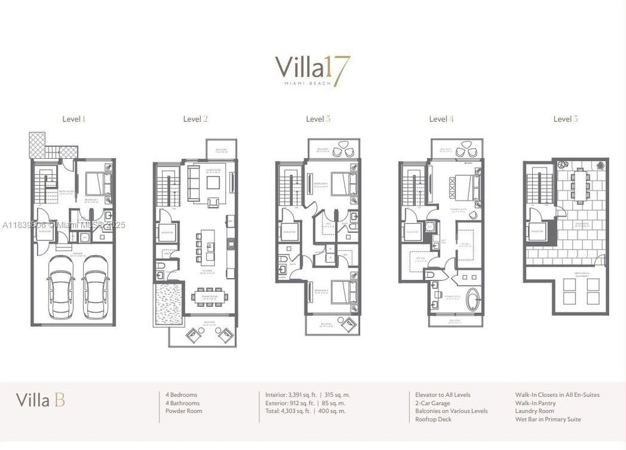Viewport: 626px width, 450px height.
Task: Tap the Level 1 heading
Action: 73,119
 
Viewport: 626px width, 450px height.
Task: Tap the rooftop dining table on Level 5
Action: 580,184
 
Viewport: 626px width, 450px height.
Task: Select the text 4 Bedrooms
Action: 181,395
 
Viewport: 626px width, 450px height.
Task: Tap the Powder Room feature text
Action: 183,411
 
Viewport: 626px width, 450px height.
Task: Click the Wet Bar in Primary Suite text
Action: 548,419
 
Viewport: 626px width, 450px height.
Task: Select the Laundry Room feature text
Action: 534,411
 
